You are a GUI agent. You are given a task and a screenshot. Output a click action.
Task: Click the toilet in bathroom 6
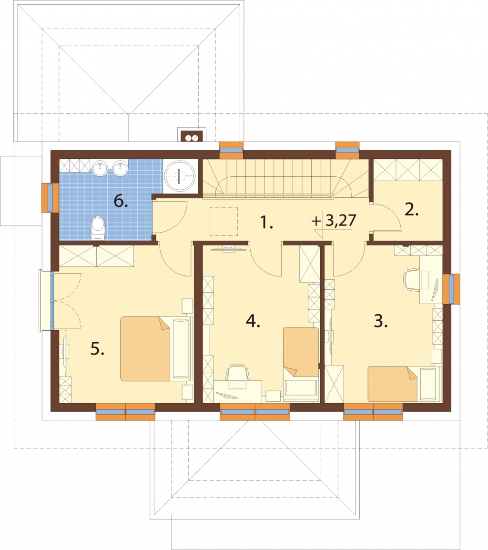click(x=98, y=228)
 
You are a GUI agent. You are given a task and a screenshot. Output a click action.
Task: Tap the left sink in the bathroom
click(x=101, y=168)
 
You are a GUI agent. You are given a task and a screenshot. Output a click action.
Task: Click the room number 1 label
click(x=266, y=223)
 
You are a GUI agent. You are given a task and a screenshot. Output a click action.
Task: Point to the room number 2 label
click(x=412, y=210)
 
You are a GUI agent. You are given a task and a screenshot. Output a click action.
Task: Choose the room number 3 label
click(x=381, y=321)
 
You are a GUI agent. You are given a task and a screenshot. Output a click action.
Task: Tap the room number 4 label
click(x=253, y=321)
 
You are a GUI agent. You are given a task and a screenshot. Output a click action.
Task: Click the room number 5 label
click(x=97, y=349)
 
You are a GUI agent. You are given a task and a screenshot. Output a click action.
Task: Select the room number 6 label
click(x=121, y=201)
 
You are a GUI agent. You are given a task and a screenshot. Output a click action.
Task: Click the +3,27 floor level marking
click(x=334, y=221)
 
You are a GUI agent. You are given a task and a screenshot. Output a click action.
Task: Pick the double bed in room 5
click(x=156, y=349)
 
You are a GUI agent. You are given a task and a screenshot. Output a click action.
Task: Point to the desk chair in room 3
click(x=412, y=280)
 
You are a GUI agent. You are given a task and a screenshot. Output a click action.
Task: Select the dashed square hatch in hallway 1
click(x=224, y=221)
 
